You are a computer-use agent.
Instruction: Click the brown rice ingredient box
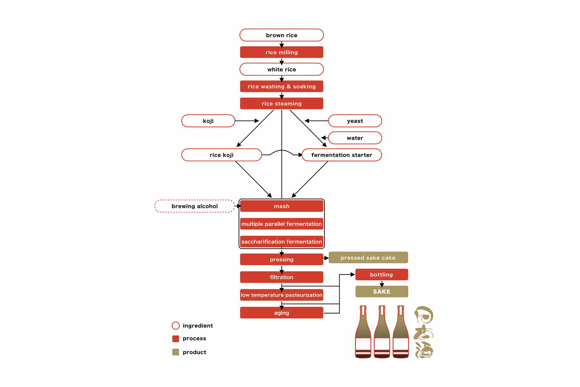[x=281, y=35]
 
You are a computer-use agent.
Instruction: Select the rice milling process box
[x=281, y=52]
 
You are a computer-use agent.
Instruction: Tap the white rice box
[x=281, y=69]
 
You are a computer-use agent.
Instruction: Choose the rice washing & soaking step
[x=281, y=86]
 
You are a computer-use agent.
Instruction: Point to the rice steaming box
[x=281, y=104]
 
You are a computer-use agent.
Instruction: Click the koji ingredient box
[x=208, y=121]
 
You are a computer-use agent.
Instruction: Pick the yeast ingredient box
[x=355, y=121]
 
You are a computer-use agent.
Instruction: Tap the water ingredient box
[x=355, y=138]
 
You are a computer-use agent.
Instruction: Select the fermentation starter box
[x=342, y=155]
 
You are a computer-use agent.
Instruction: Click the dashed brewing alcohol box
[x=195, y=206]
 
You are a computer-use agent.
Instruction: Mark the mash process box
[x=281, y=206]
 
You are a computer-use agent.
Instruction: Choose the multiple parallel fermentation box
[x=281, y=224]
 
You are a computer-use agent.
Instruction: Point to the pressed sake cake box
[x=368, y=258]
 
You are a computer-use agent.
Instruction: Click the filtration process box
[x=281, y=277]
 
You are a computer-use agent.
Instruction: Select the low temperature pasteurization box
[x=281, y=295]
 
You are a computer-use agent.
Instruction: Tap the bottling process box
[x=382, y=274]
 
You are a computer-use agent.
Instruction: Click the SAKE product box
[x=382, y=292]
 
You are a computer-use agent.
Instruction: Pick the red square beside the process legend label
[x=176, y=339]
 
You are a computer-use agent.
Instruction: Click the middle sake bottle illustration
[x=382, y=332]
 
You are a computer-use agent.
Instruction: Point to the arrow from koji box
[x=247, y=121]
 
